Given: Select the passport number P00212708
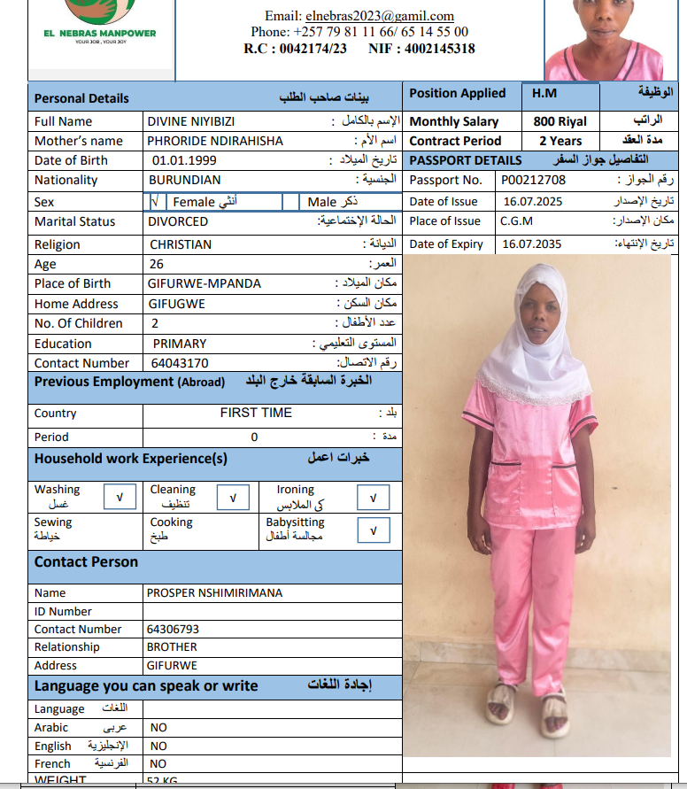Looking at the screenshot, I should (533, 181).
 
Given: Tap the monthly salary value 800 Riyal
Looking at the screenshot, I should (560, 121).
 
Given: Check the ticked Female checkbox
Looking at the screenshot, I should (155, 202).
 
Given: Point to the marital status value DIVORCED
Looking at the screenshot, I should (178, 221).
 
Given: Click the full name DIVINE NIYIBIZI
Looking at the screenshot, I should (191, 121).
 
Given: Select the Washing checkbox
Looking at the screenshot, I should (119, 499).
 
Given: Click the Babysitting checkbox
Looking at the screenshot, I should (373, 530).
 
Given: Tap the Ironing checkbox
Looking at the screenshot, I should (373, 499).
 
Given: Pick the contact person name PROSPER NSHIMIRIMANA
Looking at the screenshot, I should (214, 593).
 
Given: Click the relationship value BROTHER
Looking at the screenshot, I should (172, 647).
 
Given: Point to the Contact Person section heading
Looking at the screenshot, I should (86, 562).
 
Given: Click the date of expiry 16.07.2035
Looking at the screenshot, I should (531, 244).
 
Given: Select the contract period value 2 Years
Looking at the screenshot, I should (560, 141).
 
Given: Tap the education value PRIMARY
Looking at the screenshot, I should (180, 343).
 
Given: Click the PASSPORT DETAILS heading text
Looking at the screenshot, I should (466, 160).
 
